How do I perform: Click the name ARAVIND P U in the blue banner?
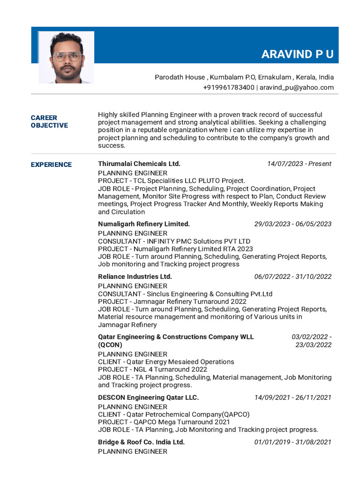[297, 54]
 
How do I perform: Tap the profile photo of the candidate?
[66, 57]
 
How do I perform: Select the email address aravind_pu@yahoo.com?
[297, 88]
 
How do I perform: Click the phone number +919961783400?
[229, 88]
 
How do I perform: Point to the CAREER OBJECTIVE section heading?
[49, 121]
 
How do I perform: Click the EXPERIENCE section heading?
[51, 165]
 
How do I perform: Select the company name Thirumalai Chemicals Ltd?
[139, 164]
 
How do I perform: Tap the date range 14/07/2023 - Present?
[299, 164]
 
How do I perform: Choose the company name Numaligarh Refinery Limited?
[144, 224]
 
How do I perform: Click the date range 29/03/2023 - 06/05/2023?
[292, 224]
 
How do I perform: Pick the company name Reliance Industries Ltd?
[135, 277]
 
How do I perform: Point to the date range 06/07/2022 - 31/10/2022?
[292, 277]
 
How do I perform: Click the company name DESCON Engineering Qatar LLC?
[148, 397]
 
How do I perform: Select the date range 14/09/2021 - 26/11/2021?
[292, 397]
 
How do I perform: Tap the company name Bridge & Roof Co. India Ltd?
[141, 442]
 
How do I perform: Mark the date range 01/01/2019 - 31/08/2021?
[292, 442]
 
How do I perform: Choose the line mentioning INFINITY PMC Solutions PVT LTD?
[174, 241]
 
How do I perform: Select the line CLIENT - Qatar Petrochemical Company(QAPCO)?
[173, 414]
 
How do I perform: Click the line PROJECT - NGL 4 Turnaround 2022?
[152, 369]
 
